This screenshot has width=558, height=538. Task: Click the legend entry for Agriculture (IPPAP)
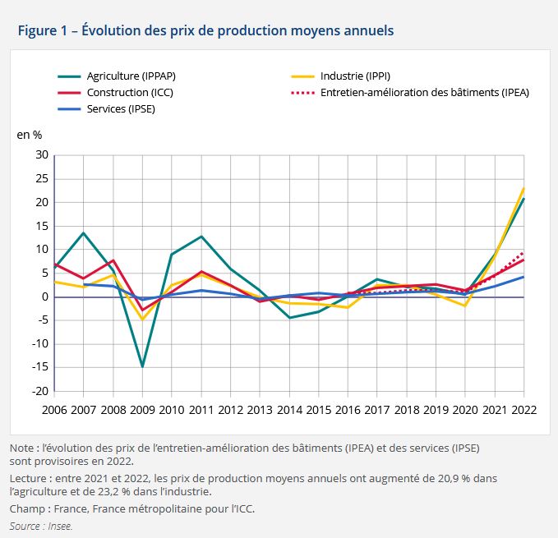[x=131, y=76]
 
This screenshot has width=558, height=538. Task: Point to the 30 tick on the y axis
[x=41, y=155]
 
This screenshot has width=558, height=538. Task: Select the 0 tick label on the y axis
[x=45, y=297]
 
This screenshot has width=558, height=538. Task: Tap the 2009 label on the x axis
[x=142, y=408]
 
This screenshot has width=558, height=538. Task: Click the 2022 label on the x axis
[x=523, y=408]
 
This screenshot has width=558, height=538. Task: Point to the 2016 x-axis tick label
[x=348, y=408]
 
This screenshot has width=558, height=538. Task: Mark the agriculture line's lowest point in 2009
[x=143, y=366]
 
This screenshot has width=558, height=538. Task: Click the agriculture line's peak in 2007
[x=84, y=233]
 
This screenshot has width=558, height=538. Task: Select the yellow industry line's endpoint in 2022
[x=523, y=188]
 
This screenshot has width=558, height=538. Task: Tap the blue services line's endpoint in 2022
[x=523, y=277]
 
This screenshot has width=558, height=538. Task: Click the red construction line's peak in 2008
[x=113, y=260]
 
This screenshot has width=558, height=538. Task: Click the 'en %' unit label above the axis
[x=29, y=134]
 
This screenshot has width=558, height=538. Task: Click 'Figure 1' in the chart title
[x=42, y=30]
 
